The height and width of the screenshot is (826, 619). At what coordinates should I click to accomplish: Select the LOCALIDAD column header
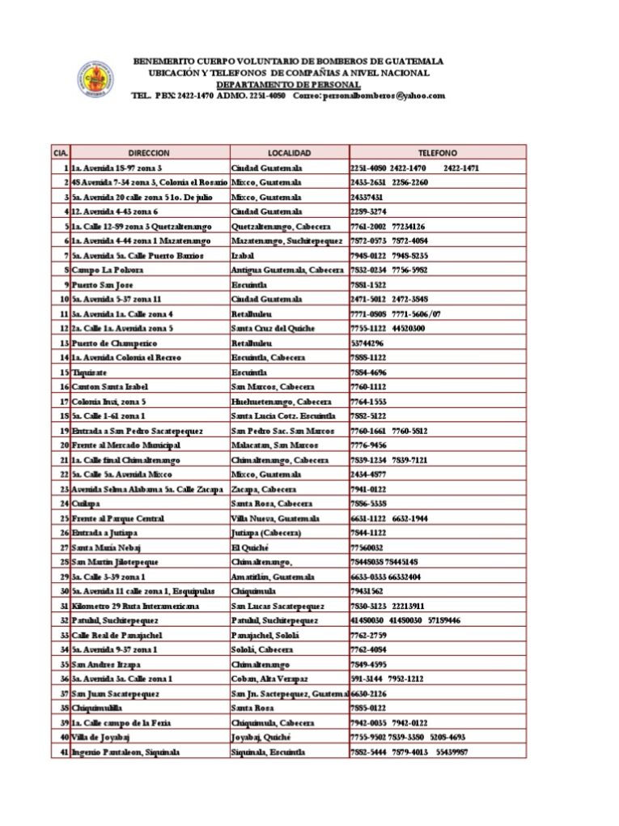tap(289, 152)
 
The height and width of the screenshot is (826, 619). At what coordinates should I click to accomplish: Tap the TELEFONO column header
tap(437, 152)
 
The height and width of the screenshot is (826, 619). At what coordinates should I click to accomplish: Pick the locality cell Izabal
tap(243, 255)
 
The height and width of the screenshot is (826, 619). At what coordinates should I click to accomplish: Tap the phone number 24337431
tap(367, 197)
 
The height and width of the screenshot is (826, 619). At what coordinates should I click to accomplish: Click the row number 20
tap(64, 445)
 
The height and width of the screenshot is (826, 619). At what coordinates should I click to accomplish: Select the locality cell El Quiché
tap(249, 547)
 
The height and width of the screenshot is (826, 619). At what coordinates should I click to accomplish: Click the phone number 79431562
tap(367, 591)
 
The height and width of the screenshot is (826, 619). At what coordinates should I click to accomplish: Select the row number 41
tap(64, 751)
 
